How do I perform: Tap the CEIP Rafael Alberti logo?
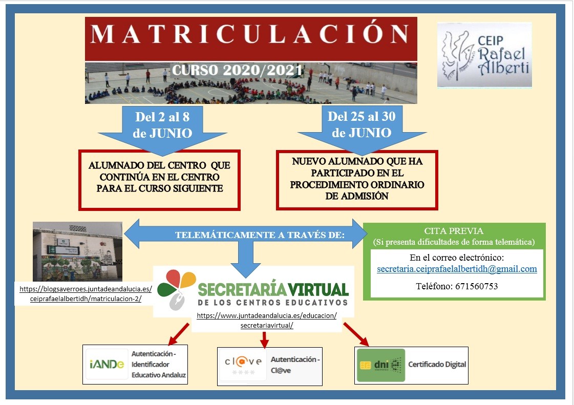pyautogui.click(x=484, y=55)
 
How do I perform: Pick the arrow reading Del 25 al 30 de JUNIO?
pyautogui.click(x=362, y=125)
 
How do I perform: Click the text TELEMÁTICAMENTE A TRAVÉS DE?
pyautogui.click(x=260, y=235)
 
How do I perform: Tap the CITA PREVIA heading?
pyautogui.click(x=454, y=231)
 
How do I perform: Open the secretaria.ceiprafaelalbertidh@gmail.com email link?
pyautogui.click(x=457, y=269)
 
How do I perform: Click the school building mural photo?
pyautogui.click(x=77, y=251)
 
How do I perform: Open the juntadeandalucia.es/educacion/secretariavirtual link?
pyautogui.click(x=266, y=321)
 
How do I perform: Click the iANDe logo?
pyautogui.click(x=107, y=364)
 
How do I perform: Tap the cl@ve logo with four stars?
pyautogui.click(x=243, y=365)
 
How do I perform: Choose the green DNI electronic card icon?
pyautogui.click(x=380, y=365)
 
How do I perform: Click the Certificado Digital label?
pyautogui.click(x=437, y=365)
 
